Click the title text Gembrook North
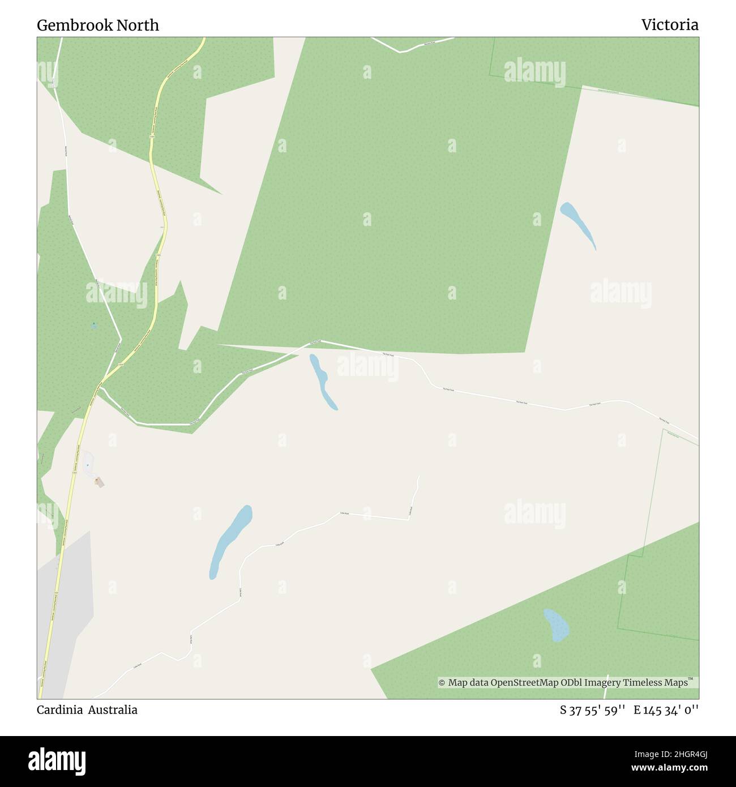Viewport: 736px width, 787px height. pos(98,25)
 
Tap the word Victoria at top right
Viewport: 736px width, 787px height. pos(669,25)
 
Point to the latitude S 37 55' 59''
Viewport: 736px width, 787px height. pos(592,710)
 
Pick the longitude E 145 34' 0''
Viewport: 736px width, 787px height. pos(666,710)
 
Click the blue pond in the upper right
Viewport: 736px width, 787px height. pos(578,225)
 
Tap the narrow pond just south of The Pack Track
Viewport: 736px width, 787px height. pos(322,380)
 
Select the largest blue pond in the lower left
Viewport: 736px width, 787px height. pos(230,540)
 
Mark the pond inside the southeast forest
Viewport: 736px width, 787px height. pos(556,625)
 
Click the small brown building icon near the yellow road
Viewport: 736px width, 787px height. pos(99,482)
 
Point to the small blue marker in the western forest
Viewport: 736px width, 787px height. pos(93,326)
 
